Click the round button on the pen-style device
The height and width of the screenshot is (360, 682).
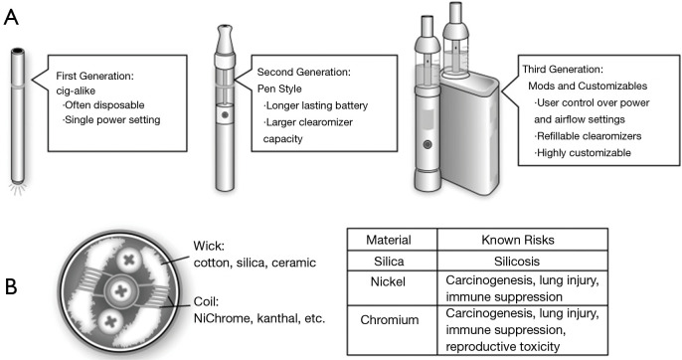(226, 114)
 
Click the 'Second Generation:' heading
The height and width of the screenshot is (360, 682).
(304, 74)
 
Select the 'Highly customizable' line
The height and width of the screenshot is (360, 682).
(585, 153)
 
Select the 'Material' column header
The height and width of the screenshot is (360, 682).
(391, 240)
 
